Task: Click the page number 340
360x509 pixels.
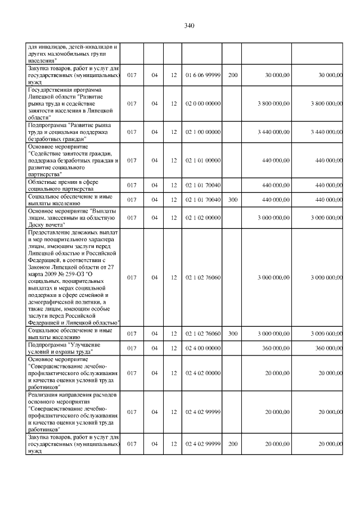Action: point(188,26)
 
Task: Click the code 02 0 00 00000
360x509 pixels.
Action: point(202,103)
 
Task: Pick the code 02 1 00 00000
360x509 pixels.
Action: point(202,132)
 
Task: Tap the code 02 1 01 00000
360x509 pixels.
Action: point(202,160)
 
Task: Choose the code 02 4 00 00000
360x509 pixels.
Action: point(202,348)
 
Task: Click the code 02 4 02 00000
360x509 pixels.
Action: point(202,372)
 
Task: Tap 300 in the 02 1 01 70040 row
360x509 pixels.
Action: point(233,199)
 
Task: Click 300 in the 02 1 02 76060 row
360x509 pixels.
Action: point(233,334)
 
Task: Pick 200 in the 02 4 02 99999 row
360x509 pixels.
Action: point(233,444)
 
